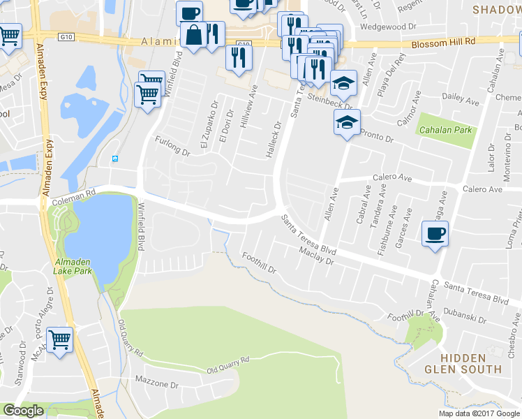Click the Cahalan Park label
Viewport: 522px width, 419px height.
(x=444, y=130)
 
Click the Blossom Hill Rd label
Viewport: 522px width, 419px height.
(x=443, y=41)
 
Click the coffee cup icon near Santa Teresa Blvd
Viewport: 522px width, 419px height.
(x=435, y=234)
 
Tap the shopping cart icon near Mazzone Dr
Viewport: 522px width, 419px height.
(x=59, y=341)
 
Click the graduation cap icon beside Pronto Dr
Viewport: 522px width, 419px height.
(x=347, y=123)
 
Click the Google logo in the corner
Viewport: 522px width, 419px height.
(x=24, y=411)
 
